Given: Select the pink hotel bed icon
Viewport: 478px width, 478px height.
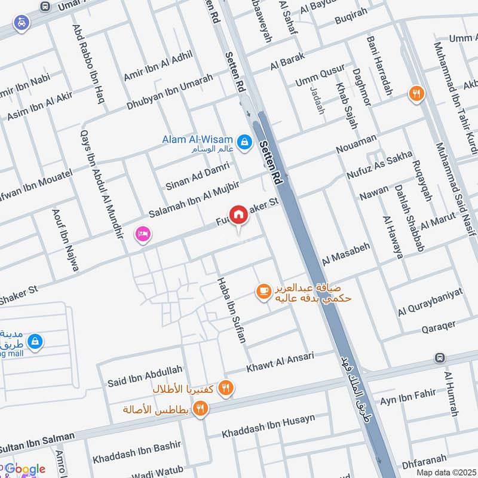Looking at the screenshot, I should tap(143, 234).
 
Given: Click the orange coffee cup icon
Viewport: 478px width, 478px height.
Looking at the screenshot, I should tap(262, 291).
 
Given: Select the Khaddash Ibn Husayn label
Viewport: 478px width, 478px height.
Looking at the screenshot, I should tap(268, 427).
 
